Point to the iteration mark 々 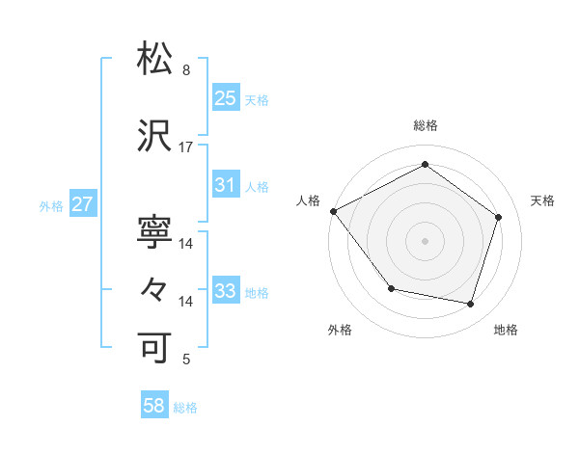coord(155,289)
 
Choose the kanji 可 coord(155,348)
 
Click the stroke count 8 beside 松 coord(185,70)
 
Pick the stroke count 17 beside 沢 coord(186,147)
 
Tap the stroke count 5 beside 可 coord(185,360)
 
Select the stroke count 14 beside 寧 coord(186,244)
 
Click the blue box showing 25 coord(225,98)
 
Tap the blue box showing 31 coord(225,185)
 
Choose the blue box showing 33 coord(225,291)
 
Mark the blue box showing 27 coord(82,204)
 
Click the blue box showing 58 coord(154,407)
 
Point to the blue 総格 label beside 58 coord(185,408)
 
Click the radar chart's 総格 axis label coord(426,125)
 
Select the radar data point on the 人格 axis coord(333,211)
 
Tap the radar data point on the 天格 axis coord(498,217)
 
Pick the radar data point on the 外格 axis coord(391,288)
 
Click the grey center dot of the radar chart coord(426,240)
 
